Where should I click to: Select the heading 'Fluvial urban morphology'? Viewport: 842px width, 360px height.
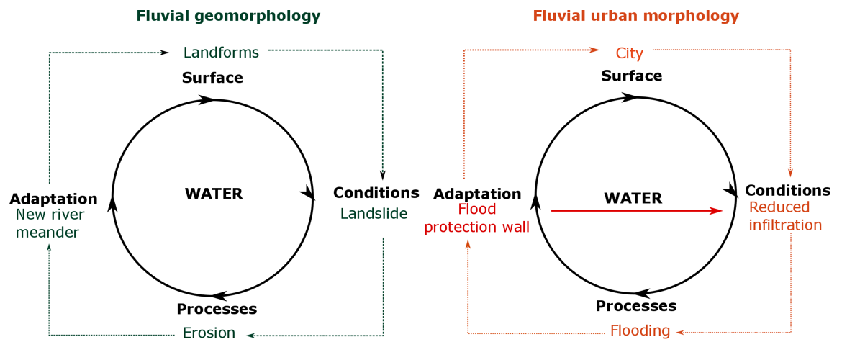tap(635, 15)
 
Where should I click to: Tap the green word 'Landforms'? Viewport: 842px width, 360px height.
tap(221, 52)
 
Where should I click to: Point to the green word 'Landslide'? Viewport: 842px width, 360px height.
tap(374, 214)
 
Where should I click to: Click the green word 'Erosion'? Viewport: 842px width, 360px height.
tap(209, 333)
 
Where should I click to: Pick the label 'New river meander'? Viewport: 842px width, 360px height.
tap(50, 223)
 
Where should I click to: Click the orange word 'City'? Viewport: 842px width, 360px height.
tap(629, 53)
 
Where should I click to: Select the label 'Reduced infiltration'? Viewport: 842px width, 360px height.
tap(784, 216)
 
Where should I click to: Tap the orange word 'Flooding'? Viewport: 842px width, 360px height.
tap(640, 331)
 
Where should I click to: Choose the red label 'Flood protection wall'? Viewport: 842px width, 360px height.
tap(476, 218)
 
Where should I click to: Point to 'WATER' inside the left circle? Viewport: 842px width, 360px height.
tap(214, 194)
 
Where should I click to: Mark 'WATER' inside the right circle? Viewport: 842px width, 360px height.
tap(633, 198)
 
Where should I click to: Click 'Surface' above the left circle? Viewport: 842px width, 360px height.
tap(212, 78)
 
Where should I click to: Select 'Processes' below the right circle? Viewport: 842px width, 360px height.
tap(636, 306)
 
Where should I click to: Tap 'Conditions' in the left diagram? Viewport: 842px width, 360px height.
tap(376, 193)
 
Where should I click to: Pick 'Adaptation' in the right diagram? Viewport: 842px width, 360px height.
tap(476, 194)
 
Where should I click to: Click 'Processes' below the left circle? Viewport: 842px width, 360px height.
tap(217, 309)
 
